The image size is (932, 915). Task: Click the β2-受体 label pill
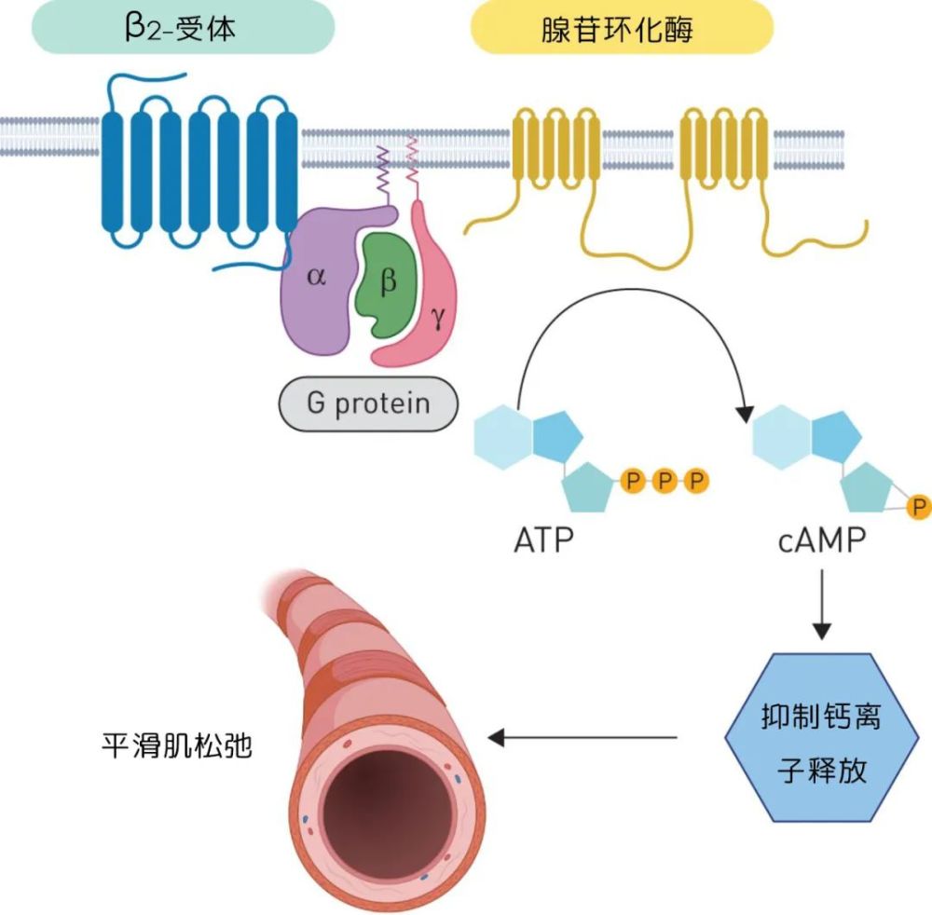[x=183, y=26]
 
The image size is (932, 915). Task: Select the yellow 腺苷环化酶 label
[x=623, y=26]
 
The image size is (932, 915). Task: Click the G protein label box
[x=369, y=404]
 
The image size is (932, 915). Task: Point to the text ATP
[x=544, y=539]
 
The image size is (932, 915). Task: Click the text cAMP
[x=821, y=539]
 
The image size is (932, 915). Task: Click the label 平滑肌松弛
[x=177, y=746]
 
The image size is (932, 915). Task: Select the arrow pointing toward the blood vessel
[x=582, y=739]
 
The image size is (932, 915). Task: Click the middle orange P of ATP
[x=665, y=482]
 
